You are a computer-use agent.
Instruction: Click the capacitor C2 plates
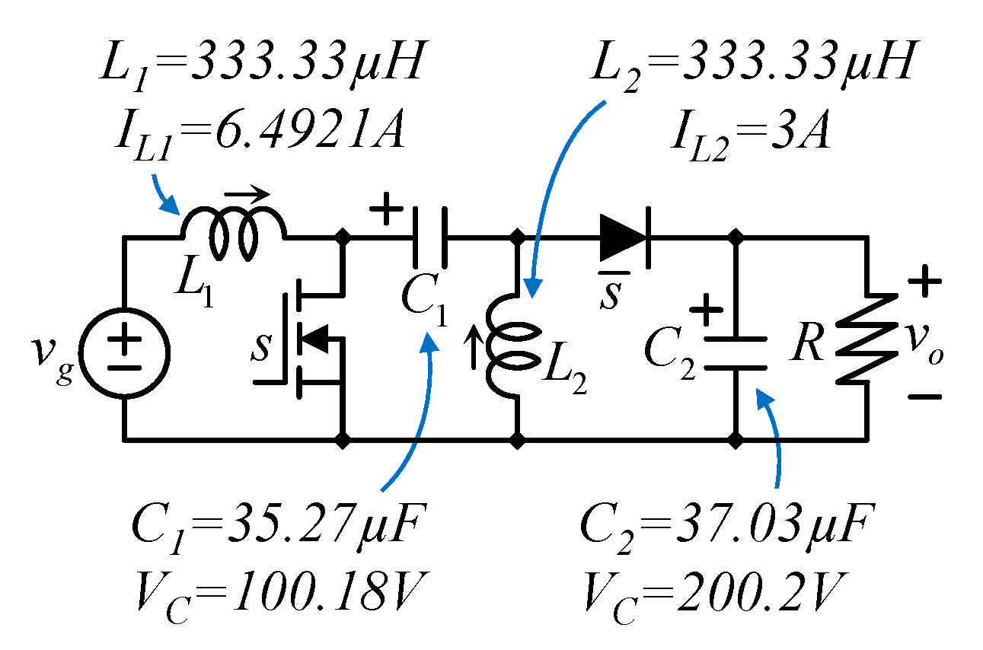tap(736, 352)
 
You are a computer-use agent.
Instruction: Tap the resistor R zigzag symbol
tap(866, 339)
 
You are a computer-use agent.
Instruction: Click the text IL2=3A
tap(749, 135)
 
